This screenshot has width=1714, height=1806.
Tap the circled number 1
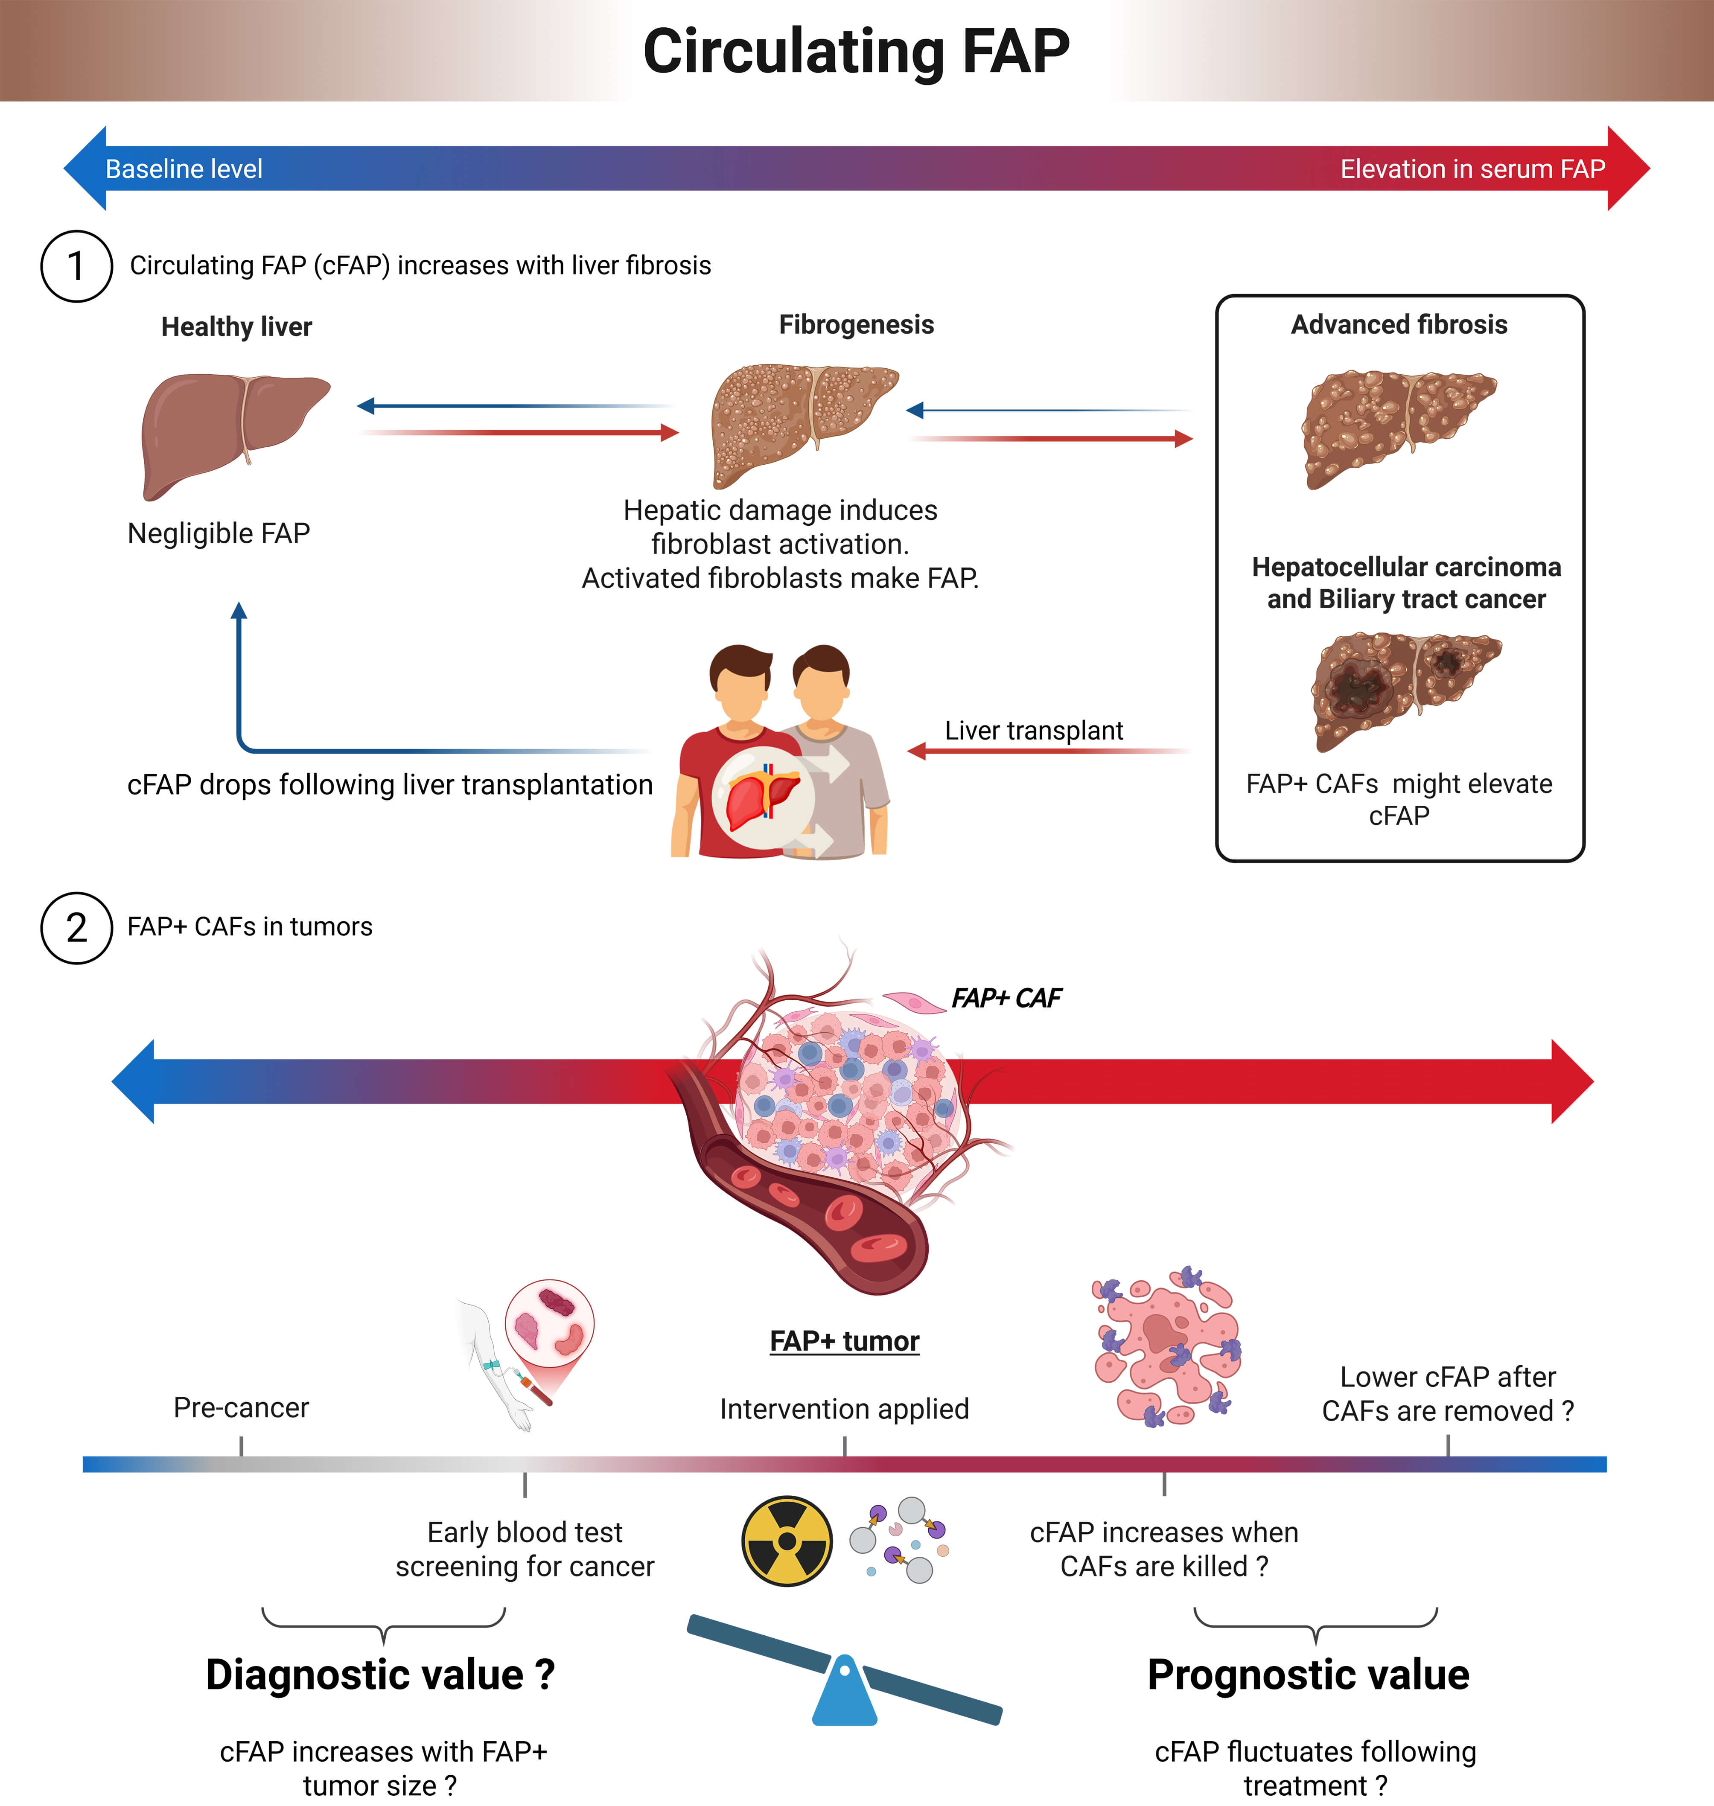[77, 266]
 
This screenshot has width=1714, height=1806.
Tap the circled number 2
[77, 927]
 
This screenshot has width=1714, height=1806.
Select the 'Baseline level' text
[184, 169]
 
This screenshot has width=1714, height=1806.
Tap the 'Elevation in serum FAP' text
[1472, 169]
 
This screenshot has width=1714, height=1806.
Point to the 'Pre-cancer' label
[241, 1408]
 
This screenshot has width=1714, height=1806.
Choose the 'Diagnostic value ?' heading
[380, 1675]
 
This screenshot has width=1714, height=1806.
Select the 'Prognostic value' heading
[1309, 1675]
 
